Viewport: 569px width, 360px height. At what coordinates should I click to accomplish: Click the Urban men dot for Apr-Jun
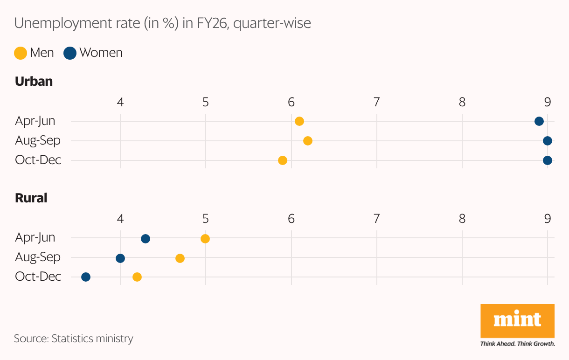point(299,121)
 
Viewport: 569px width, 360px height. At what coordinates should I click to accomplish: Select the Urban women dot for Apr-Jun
point(539,121)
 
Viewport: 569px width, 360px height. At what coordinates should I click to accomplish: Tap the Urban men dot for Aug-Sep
point(308,141)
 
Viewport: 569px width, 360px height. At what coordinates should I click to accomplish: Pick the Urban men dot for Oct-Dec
point(283,160)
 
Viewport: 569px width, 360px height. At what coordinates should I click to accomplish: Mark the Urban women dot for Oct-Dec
point(548,160)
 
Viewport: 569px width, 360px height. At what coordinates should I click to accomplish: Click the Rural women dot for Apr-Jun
point(146,239)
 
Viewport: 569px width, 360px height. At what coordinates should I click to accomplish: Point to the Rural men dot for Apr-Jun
point(205,239)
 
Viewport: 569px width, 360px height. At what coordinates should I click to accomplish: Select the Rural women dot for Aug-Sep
point(120,258)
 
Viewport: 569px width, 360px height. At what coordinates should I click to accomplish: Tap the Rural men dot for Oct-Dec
point(137,277)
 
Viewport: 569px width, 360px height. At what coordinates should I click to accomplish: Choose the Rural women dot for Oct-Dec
point(86,277)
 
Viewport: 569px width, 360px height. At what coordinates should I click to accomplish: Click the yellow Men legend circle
point(21,53)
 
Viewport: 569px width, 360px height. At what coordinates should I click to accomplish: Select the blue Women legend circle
point(70,53)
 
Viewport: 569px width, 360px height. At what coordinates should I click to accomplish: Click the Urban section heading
point(34,82)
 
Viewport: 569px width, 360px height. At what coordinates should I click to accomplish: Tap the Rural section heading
point(31,198)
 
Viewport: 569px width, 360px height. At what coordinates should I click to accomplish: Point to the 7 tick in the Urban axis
point(376,102)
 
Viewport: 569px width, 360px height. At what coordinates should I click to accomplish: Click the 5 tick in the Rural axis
point(205,219)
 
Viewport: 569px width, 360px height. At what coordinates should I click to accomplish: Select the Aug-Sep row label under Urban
point(38,140)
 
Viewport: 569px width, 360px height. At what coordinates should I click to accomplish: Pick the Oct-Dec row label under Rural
point(38,277)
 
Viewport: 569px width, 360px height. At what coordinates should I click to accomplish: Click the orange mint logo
point(517,321)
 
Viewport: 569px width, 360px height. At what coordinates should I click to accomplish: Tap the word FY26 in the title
point(213,23)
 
